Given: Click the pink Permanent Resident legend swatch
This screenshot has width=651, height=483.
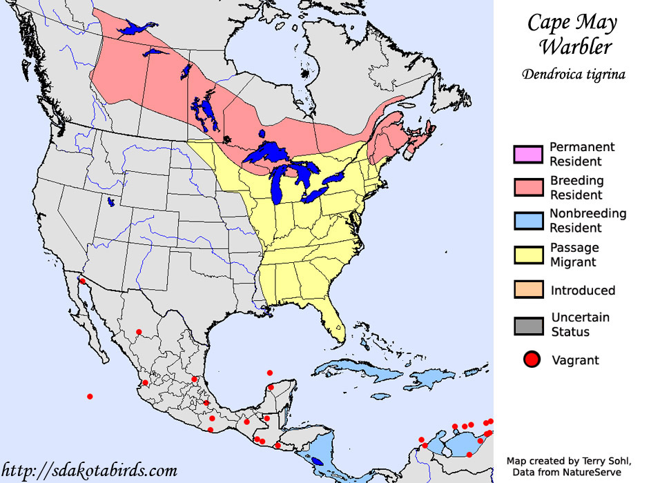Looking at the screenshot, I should click(x=529, y=154).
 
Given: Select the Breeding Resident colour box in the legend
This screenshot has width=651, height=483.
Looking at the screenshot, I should click(x=529, y=188).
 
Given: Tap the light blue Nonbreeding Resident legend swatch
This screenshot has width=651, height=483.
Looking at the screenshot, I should click(x=529, y=221).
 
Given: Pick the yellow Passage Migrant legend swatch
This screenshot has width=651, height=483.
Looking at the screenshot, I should click(x=529, y=255).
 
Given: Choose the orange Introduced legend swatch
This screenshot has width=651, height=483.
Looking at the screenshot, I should click(x=529, y=290).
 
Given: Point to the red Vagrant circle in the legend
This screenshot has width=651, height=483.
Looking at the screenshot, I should click(x=531, y=359).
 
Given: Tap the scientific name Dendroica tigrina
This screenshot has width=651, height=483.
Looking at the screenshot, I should click(x=573, y=75).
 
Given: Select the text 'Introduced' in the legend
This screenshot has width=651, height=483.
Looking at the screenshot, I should click(x=582, y=290).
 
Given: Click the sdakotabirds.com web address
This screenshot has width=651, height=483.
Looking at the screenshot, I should click(x=89, y=471).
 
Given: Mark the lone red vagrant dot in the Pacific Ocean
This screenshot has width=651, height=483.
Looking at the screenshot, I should click(x=90, y=396).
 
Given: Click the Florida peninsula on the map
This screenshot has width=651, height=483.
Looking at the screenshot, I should click(x=335, y=321).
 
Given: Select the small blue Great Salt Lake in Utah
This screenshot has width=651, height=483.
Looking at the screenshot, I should click(x=110, y=203).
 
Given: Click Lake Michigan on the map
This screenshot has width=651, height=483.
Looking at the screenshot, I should click(x=279, y=185).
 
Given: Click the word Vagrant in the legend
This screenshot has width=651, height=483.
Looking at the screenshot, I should click(x=575, y=359).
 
